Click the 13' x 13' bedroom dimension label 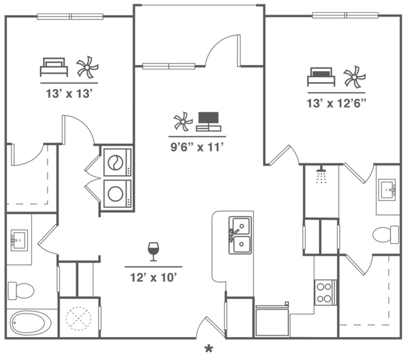[x=69, y=93]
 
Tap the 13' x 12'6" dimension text [x=337, y=104]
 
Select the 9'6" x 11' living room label [x=197, y=147]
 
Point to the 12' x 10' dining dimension [x=153, y=277]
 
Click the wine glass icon [x=153, y=252]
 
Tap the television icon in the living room [x=208, y=121]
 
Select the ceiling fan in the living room [x=183, y=121]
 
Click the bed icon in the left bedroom [x=54, y=67]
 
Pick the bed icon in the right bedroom [x=321, y=77]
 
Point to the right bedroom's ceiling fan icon [x=355, y=77]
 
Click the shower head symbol [x=321, y=174]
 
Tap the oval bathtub [x=31, y=323]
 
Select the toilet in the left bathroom [x=21, y=291]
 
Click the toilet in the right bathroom [x=386, y=235]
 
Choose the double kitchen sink [x=240, y=235]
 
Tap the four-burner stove [x=326, y=293]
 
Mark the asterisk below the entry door [x=208, y=349]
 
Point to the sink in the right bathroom [x=387, y=190]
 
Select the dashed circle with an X [x=79, y=318]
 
